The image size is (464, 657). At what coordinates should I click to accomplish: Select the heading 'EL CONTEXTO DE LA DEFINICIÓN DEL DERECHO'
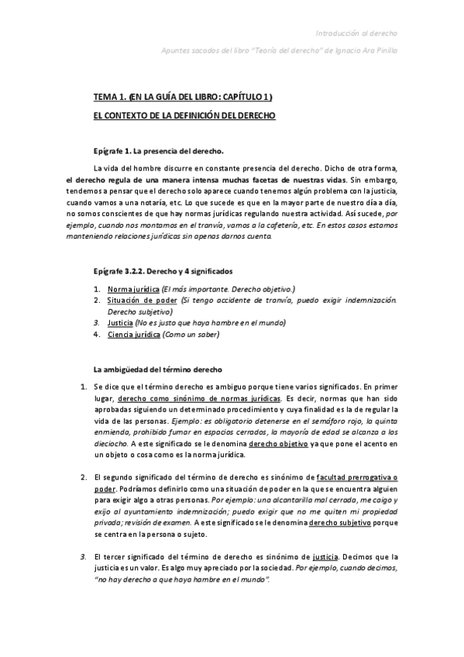click(x=184, y=115)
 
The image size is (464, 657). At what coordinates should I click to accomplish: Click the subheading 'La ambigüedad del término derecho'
click(x=157, y=370)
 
